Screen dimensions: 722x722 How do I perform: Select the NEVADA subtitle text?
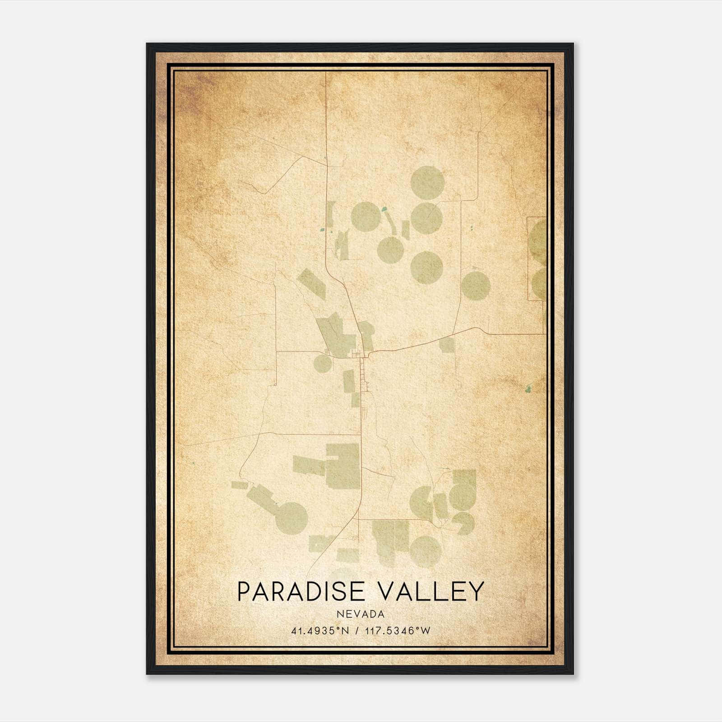click(x=361, y=614)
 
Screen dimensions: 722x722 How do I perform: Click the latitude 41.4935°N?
click(x=320, y=630)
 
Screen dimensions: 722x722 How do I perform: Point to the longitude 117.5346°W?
click(x=399, y=630)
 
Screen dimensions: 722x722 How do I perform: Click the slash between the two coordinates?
click(x=357, y=630)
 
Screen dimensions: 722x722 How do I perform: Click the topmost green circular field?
click(x=425, y=181)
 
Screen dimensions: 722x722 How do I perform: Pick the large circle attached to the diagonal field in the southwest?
click(x=292, y=518)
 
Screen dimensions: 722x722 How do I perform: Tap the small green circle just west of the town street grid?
click(x=323, y=363)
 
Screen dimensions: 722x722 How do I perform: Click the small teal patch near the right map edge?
click(x=528, y=388)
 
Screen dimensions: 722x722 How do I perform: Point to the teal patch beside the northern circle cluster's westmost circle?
click(x=384, y=209)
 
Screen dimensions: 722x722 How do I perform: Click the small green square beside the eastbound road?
click(x=447, y=345)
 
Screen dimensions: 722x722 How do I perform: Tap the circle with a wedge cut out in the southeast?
click(x=465, y=523)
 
